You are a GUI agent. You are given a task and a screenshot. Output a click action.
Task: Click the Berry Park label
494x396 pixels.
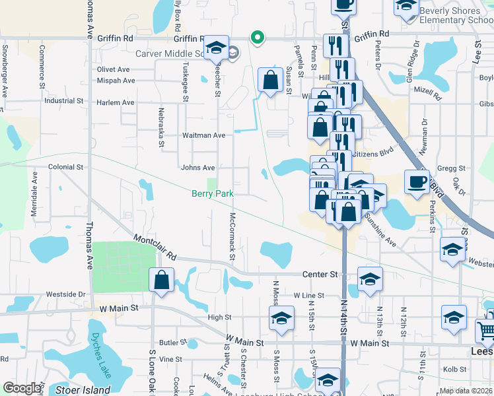[211, 193]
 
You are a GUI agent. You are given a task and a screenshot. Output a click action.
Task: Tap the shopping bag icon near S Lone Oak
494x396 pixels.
[162, 280]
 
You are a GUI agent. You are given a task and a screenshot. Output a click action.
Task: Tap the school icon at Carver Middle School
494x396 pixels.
[215, 48]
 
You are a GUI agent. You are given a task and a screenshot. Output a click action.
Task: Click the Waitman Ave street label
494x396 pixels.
[204, 135]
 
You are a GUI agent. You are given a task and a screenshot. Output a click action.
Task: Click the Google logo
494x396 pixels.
[21, 388]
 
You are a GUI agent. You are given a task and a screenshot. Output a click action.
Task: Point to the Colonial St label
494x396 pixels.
[65, 168]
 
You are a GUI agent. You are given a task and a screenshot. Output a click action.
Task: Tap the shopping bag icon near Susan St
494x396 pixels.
[269, 81]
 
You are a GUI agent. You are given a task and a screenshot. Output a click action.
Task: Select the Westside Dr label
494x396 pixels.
[66, 294]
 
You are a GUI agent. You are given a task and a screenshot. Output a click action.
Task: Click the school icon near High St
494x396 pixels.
[282, 319]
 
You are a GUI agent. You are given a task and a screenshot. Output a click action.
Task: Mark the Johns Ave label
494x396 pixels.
[198, 168]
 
